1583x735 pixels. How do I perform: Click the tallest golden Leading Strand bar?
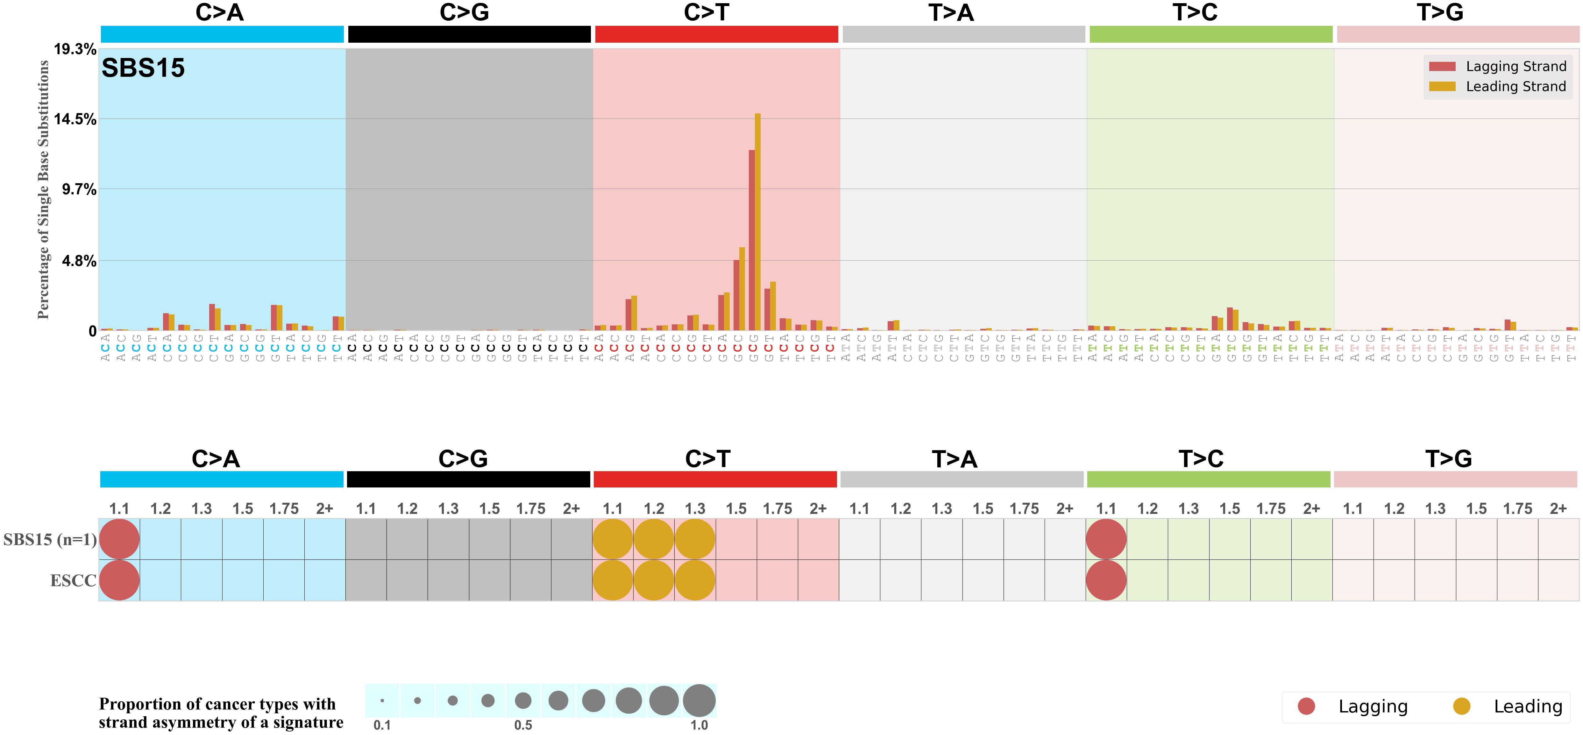point(758,221)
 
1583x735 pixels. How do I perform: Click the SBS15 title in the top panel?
point(143,68)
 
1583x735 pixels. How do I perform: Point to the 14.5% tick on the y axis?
point(75,119)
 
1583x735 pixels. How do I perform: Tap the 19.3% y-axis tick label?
point(75,49)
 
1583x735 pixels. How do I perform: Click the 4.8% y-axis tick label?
point(79,261)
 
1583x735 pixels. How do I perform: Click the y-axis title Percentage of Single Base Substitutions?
point(43,190)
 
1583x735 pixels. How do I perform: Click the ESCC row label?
point(73,580)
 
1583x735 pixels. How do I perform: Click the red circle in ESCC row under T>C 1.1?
point(1106,580)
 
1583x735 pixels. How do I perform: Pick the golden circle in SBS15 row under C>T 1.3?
point(695,539)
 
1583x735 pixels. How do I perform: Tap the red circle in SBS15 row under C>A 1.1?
point(119,539)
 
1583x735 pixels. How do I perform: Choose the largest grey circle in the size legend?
point(699,701)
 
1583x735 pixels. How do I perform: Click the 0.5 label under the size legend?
point(523,725)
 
